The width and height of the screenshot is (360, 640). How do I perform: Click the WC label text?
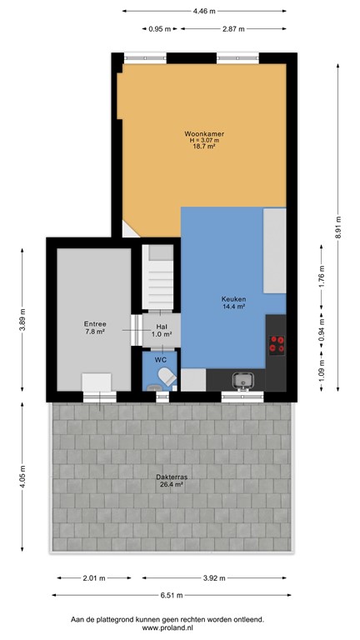161,359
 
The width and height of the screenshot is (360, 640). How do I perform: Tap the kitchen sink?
244,381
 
